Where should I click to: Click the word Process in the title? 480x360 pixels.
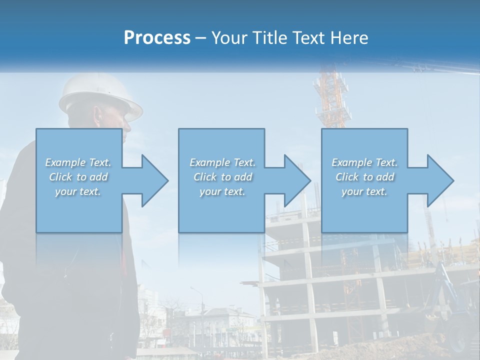tap(157, 38)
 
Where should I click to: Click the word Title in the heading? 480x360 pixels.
tap(270, 38)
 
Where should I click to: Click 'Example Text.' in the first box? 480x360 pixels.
tap(78, 162)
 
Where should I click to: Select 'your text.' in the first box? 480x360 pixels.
tap(78, 191)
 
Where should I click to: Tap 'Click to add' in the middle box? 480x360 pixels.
tap(222, 177)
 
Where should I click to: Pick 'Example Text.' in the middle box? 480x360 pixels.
tap(222, 162)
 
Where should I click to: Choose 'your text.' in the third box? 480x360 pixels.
tap(364, 191)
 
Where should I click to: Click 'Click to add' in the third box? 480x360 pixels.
tap(364, 177)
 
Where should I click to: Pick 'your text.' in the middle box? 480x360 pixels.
tap(222, 191)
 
